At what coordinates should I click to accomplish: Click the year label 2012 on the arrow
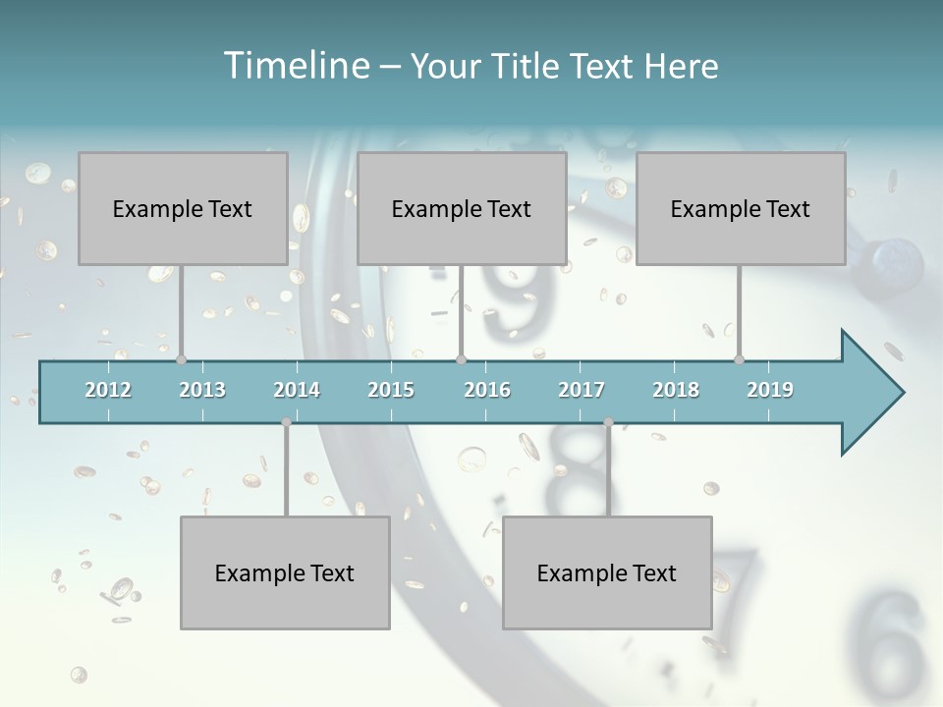(108, 390)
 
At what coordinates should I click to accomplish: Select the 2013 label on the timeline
(202, 390)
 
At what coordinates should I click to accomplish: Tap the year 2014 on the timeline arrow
(297, 390)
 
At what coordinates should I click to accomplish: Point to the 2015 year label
(391, 390)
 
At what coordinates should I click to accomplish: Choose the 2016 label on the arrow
(487, 390)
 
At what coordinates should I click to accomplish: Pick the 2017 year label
(582, 390)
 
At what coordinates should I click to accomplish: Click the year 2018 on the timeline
(676, 390)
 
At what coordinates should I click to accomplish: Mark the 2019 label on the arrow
(770, 390)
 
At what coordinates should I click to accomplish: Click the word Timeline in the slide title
(295, 66)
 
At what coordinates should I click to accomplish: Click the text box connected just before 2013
(183, 208)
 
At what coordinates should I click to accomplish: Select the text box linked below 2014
(285, 572)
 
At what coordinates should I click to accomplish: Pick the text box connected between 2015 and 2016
(462, 208)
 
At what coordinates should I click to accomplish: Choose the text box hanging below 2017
(607, 572)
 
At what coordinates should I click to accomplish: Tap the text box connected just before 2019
(741, 208)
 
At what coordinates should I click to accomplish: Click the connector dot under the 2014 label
(286, 422)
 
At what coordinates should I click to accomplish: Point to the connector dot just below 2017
(608, 422)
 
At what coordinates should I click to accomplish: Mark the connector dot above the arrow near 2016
(461, 359)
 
